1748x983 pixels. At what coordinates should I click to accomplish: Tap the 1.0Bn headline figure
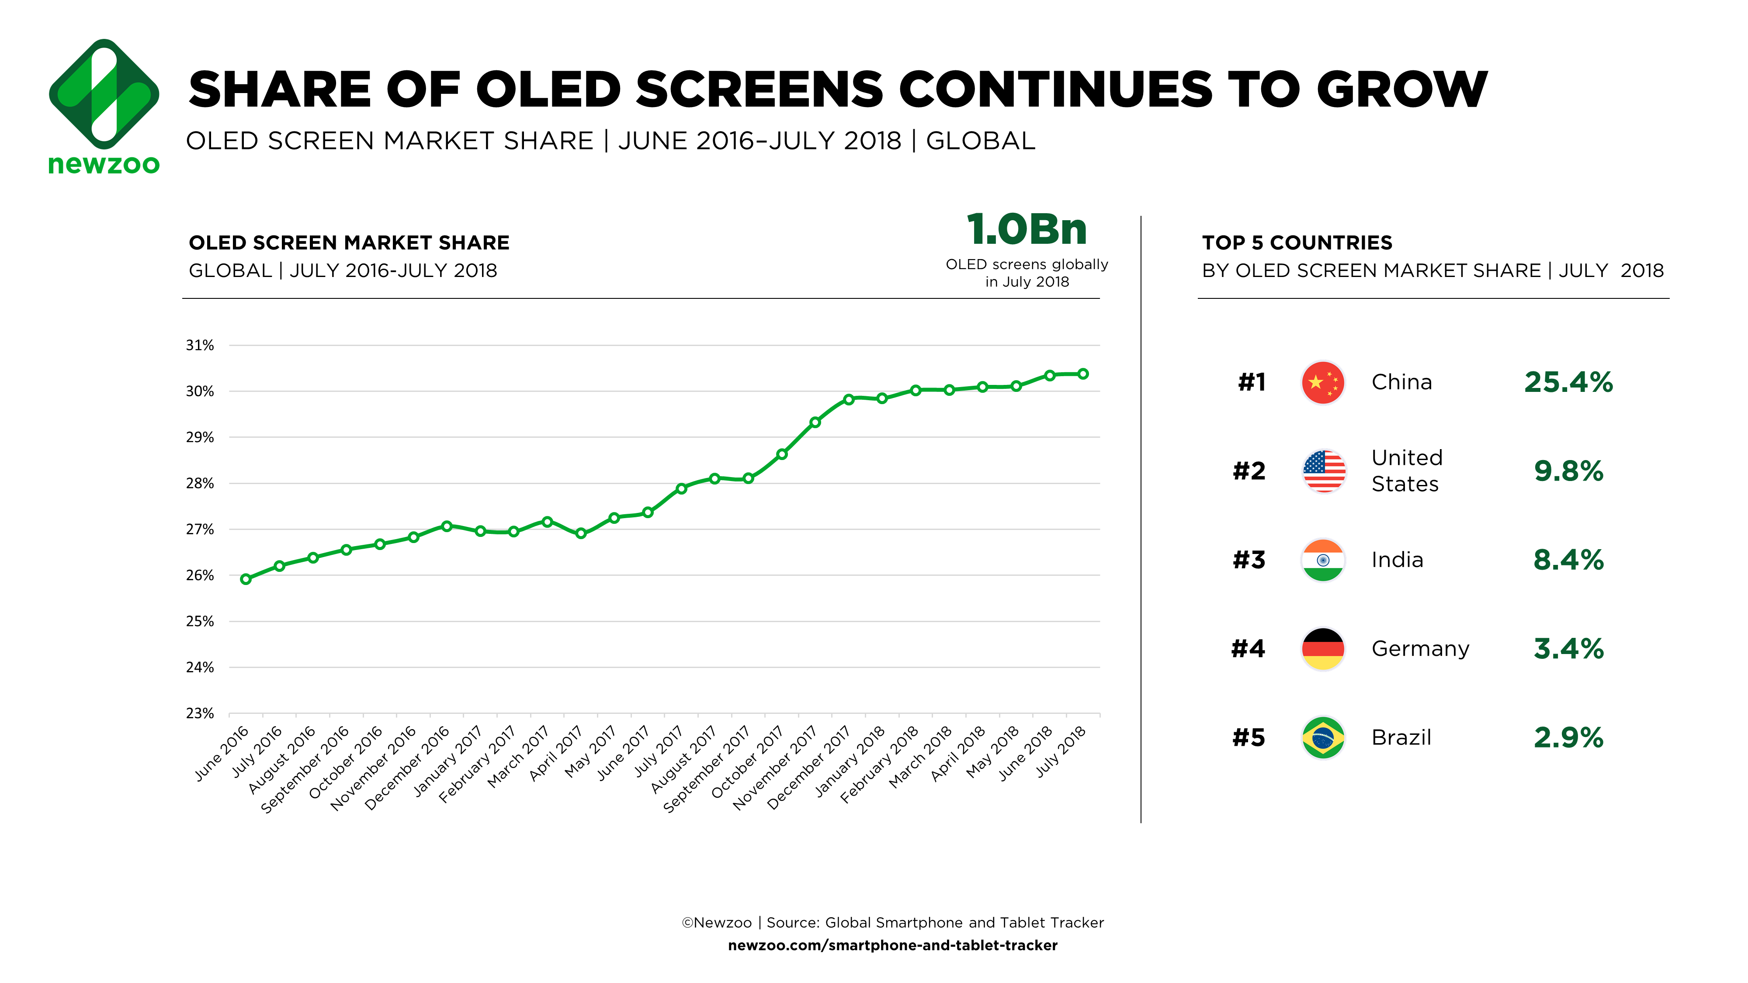point(1026,229)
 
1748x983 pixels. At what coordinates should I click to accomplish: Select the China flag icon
point(1322,383)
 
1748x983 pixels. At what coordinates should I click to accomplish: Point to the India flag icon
point(1322,560)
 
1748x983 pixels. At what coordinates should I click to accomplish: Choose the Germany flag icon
point(1322,648)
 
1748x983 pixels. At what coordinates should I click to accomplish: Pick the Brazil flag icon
point(1322,737)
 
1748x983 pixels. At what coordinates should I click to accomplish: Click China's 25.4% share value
point(1568,383)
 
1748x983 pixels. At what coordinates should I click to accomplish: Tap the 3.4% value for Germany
point(1568,648)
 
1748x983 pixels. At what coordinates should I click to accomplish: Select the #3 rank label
point(1249,560)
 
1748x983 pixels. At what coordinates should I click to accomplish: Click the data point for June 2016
point(246,579)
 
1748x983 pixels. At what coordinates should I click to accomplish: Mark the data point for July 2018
point(1083,374)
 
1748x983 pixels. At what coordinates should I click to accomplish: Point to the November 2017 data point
point(815,422)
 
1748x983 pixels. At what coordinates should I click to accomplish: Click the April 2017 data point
point(581,533)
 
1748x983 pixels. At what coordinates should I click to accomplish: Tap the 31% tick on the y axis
point(200,345)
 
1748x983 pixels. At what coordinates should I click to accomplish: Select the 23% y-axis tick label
point(200,713)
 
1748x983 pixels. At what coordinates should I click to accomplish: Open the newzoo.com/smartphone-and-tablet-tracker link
point(892,945)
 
